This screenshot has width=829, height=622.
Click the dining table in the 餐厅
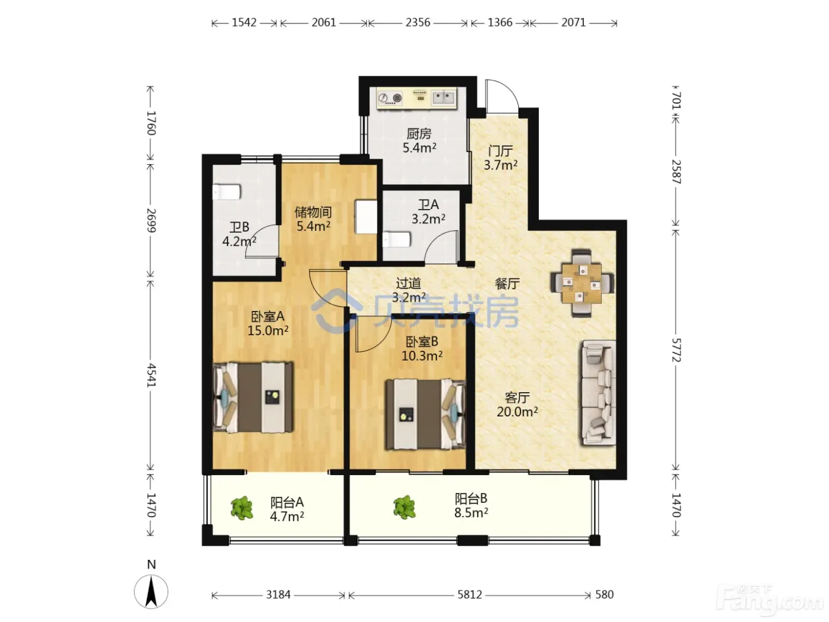click(581, 283)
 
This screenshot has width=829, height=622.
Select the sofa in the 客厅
click(599, 392)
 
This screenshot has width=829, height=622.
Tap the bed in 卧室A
click(253, 397)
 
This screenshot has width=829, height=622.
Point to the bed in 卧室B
click(425, 414)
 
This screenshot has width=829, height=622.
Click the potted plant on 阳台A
click(242, 508)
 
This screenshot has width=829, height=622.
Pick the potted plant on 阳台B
click(404, 507)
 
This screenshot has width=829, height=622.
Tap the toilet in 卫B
click(226, 192)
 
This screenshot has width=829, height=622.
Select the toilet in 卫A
click(396, 239)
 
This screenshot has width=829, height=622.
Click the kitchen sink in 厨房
click(443, 98)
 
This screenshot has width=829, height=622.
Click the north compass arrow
click(151, 591)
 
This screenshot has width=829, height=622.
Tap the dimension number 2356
click(417, 23)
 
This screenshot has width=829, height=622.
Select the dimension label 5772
click(676, 350)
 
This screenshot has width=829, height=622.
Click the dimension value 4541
click(151, 375)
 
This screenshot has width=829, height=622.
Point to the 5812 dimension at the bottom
click(470, 595)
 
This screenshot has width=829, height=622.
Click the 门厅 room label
click(500, 150)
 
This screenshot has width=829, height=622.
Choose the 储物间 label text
click(313, 212)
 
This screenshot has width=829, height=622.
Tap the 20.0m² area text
click(517, 412)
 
